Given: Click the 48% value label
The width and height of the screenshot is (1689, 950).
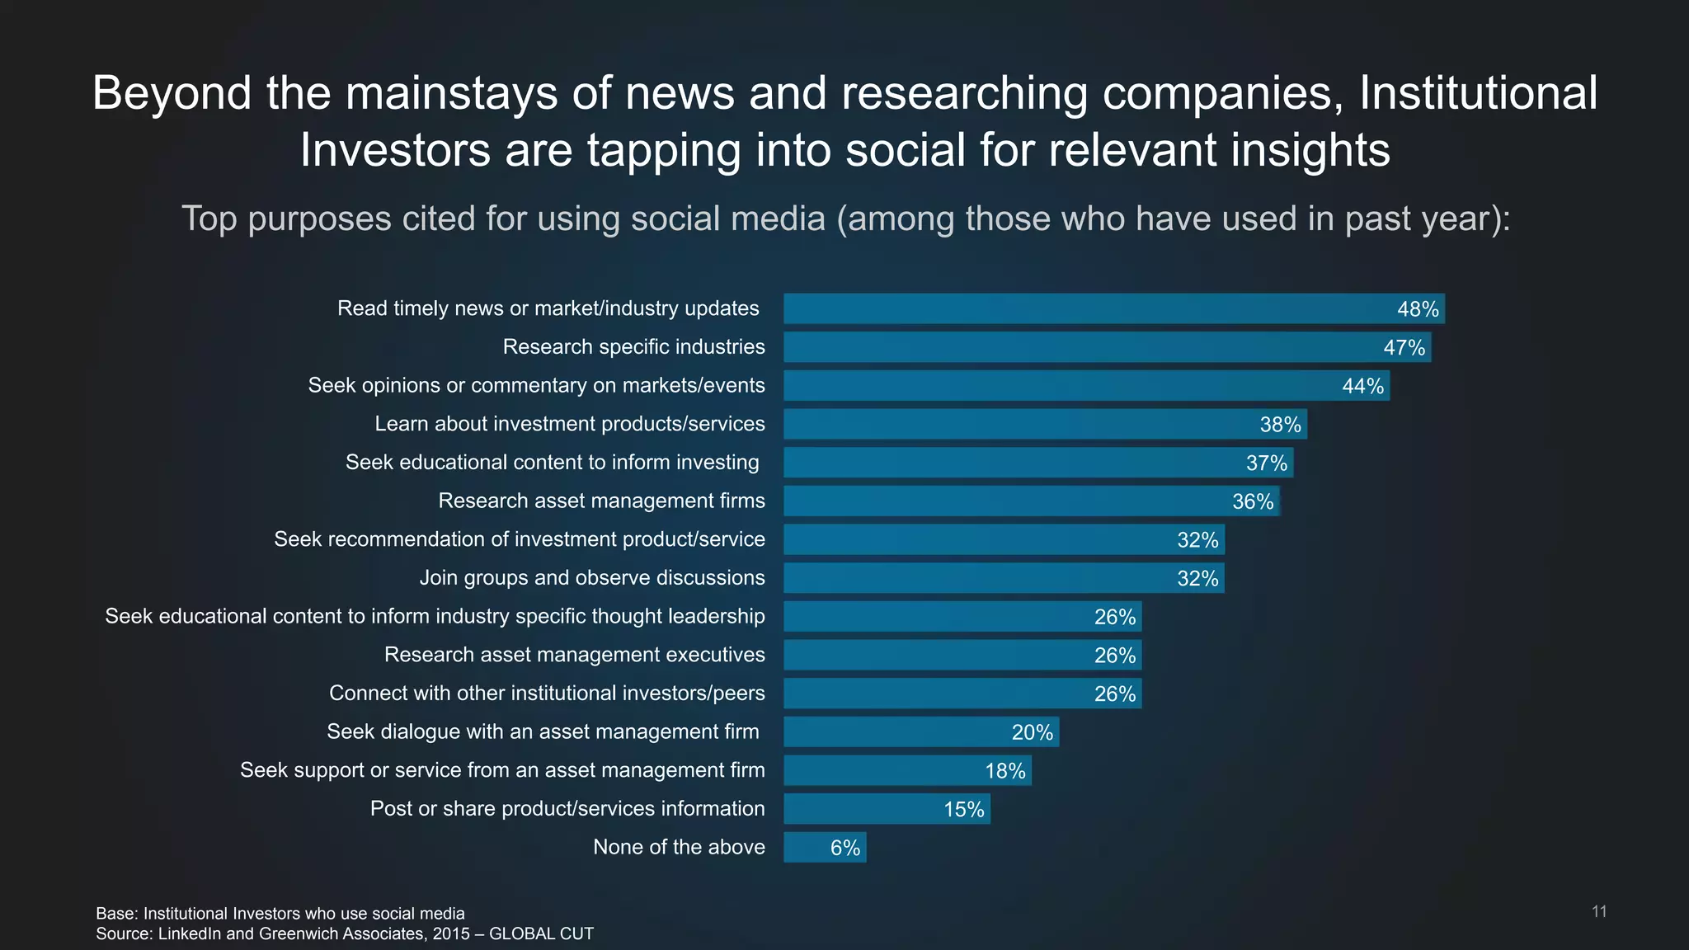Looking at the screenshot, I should pos(1418,309).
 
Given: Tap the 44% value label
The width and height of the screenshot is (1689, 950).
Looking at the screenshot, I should pos(1362,386).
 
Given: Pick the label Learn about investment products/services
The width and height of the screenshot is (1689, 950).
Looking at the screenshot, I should pos(569,424).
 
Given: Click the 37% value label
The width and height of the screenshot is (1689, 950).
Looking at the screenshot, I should pos(1266,463).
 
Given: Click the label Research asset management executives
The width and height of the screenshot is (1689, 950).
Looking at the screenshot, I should pos(574,655).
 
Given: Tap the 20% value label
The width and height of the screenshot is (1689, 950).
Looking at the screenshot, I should pos(1032,732).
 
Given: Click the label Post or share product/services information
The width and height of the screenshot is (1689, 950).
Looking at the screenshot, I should pos(567,809).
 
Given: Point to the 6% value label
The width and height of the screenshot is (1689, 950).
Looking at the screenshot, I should pos(844,848).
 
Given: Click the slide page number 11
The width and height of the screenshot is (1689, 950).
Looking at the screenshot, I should pos(1598,911).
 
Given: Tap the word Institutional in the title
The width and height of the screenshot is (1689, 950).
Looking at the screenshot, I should pos(1478,92).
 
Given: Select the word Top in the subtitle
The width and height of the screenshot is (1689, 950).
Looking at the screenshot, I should pos(209,219).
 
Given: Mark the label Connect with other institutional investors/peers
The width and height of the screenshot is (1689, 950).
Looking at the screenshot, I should pos(547,694).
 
